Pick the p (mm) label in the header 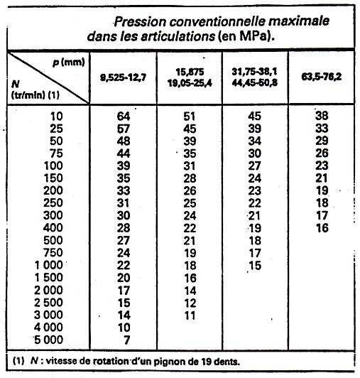[67, 63]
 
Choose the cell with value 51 [190, 115]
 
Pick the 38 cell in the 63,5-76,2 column [322, 115]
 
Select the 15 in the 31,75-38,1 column [256, 265]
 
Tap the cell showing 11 [190, 315]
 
